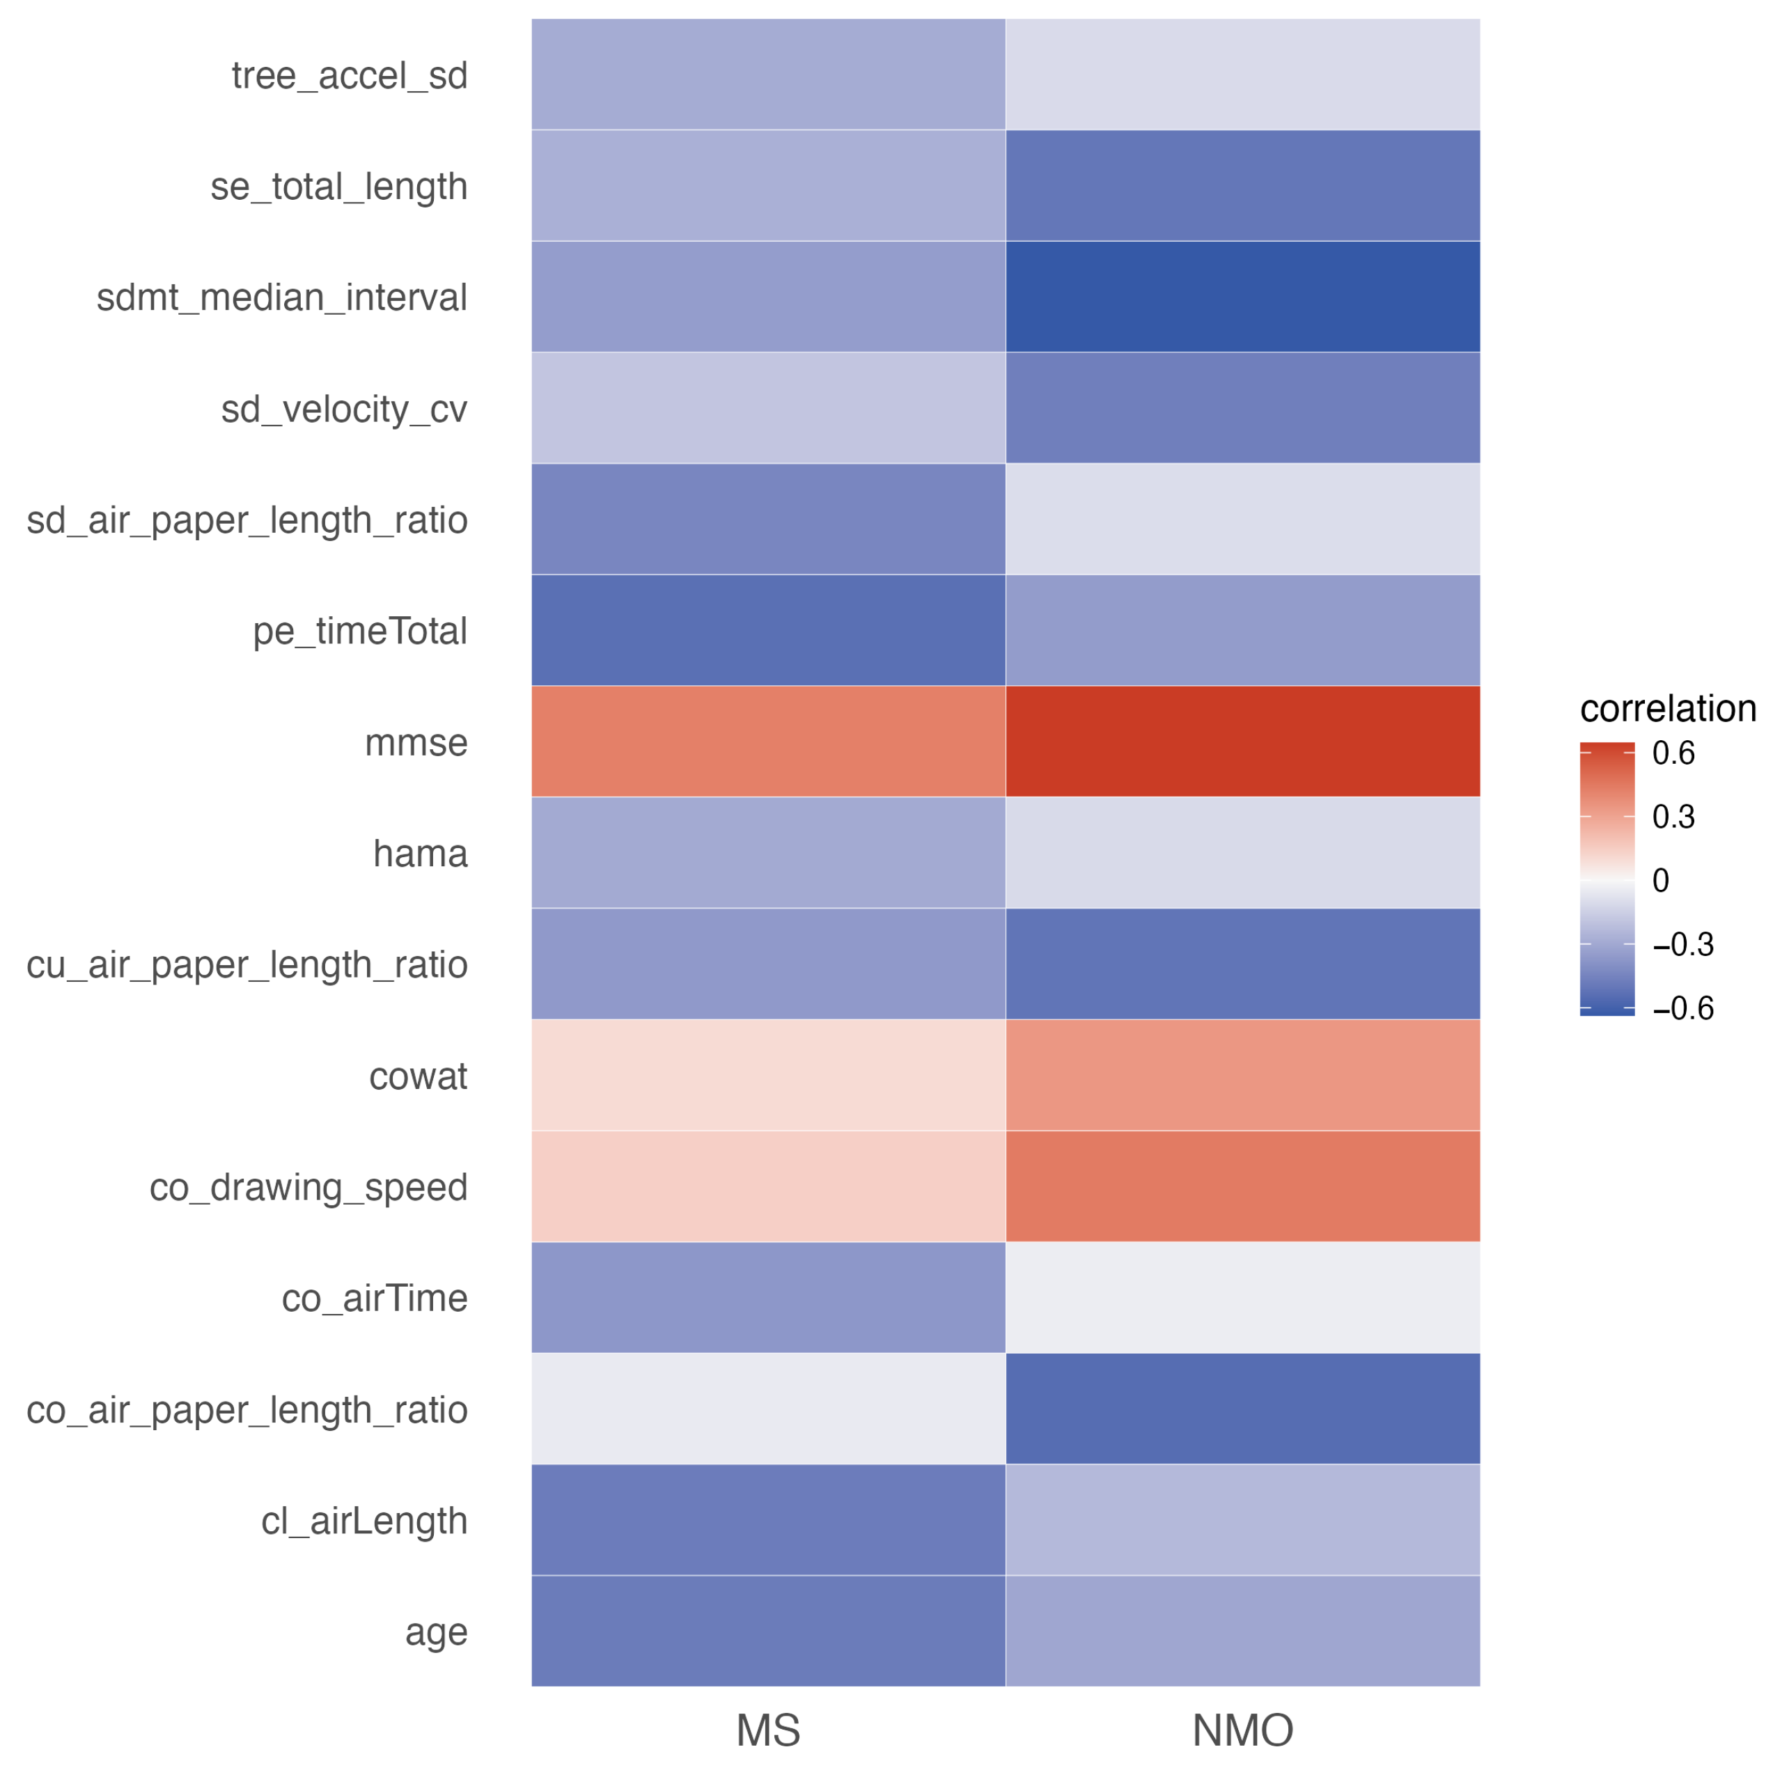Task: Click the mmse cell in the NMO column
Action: click(1242, 742)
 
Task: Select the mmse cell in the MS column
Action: click(768, 742)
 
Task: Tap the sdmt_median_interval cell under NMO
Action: click(1242, 297)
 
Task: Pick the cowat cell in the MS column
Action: click(768, 1074)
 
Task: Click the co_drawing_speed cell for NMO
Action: click(1242, 1186)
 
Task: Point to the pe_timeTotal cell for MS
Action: click(768, 630)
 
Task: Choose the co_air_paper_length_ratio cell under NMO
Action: click(1242, 1409)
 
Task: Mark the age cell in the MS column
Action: click(768, 1631)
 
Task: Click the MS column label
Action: click(768, 1730)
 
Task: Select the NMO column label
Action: click(1242, 1730)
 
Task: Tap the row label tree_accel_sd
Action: click(349, 75)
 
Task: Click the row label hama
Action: click(421, 854)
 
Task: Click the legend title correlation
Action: click(1667, 708)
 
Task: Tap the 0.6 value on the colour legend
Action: click(1673, 753)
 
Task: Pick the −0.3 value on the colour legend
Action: click(1682, 944)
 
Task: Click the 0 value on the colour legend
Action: click(1660, 881)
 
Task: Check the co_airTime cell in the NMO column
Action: click(1242, 1297)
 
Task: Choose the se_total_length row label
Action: click(338, 187)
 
